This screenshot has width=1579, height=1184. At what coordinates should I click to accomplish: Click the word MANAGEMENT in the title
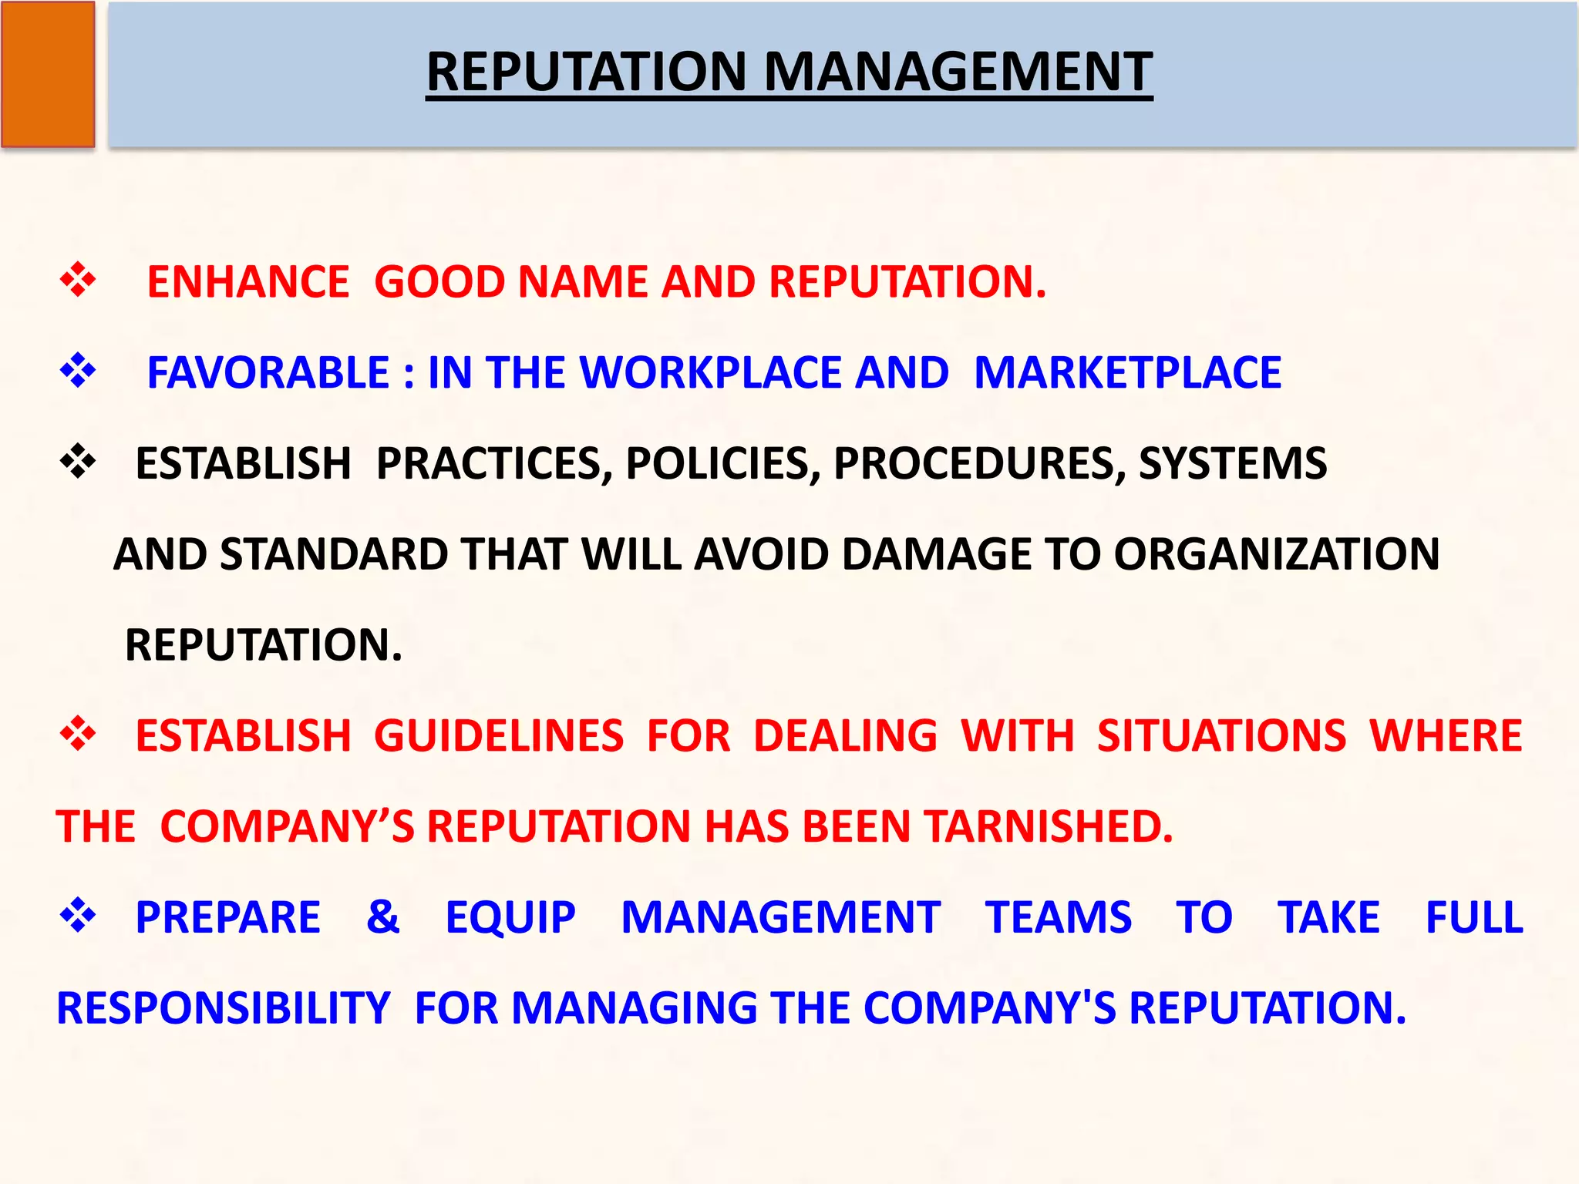pos(958,72)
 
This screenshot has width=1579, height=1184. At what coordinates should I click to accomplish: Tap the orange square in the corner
pos(48,74)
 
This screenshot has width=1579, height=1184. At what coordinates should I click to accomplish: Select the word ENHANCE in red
pos(247,281)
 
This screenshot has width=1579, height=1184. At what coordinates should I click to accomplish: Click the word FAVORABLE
pos(268,373)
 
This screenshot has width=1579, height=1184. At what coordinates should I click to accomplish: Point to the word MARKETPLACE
pos(1127,373)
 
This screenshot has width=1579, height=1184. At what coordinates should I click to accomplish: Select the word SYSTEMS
pos(1232,464)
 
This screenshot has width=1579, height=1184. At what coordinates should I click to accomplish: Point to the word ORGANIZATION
pos(1276,554)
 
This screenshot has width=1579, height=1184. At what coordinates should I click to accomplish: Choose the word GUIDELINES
pos(498,736)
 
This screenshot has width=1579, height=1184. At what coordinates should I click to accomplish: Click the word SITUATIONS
pos(1221,736)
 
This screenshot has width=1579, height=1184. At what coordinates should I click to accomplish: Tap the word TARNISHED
pos(1049,826)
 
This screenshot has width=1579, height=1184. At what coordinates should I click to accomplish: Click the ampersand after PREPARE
pos(382,917)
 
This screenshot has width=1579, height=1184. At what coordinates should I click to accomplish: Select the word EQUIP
pos(510,917)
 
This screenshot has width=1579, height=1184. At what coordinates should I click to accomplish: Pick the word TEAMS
pos(1058,917)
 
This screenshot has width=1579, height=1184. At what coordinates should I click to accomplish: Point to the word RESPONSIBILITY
pos(224,1008)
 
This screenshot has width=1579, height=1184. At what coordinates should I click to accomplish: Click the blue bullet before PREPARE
pos(78,916)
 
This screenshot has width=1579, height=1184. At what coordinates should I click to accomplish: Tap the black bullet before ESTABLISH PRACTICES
pos(78,462)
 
